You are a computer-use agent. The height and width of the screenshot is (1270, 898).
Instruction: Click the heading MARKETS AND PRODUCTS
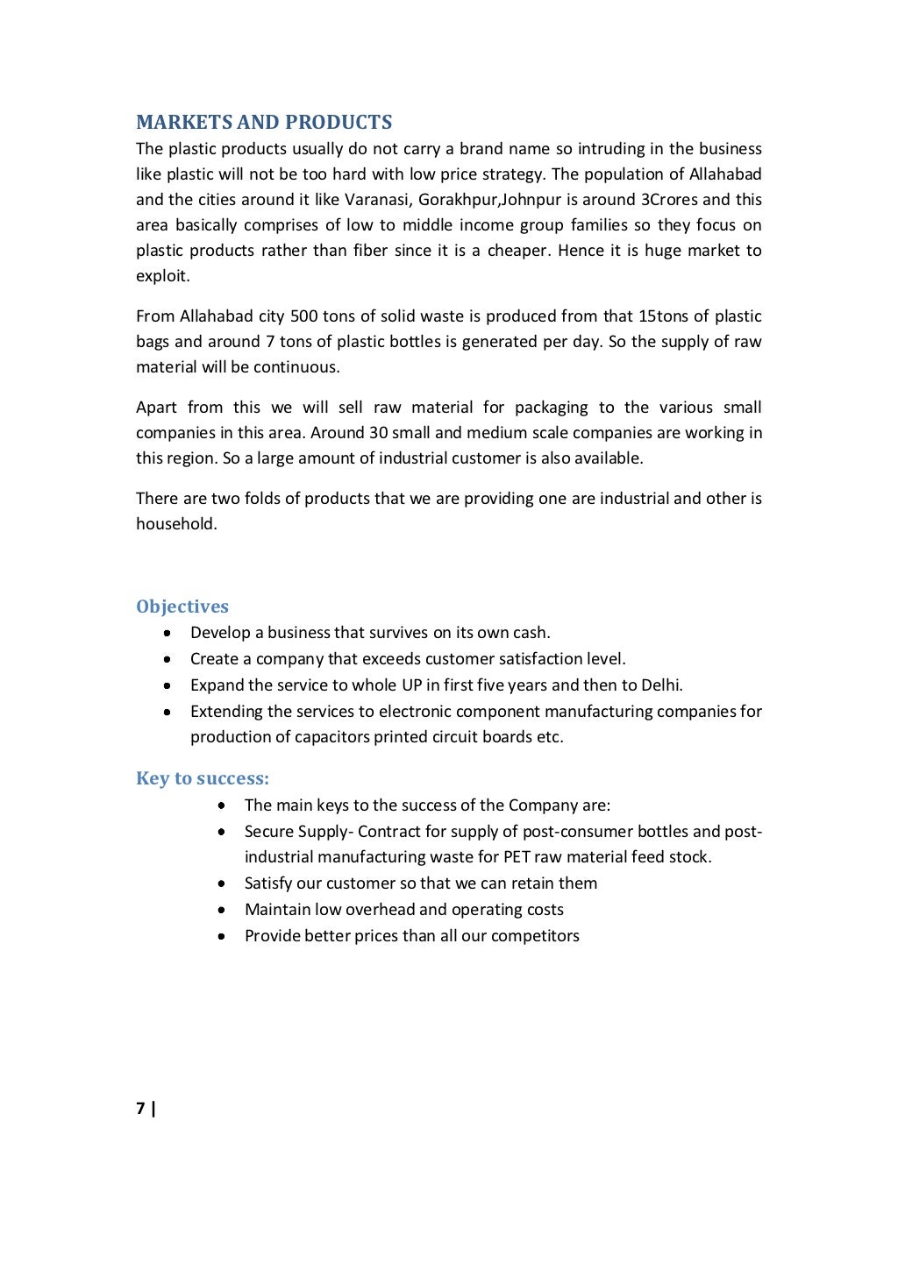click(x=264, y=122)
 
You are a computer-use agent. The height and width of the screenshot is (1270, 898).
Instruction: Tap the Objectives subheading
click(x=182, y=607)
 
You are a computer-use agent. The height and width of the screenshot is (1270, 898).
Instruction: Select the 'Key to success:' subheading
click(x=203, y=778)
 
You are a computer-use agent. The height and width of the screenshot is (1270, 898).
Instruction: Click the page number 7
click(x=140, y=1109)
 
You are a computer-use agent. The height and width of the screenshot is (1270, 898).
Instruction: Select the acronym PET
click(x=517, y=857)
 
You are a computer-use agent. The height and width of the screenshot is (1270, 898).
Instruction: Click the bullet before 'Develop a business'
click(x=167, y=633)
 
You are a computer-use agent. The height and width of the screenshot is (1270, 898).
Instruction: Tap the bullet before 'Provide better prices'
click(x=223, y=936)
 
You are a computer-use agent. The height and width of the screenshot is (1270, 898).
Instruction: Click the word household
click(x=175, y=524)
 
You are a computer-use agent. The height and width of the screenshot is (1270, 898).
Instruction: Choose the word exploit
click(x=162, y=276)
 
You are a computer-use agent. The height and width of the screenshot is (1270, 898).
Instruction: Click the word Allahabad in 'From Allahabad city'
click(x=217, y=316)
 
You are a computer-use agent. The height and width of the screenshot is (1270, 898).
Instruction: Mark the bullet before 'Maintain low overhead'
click(x=223, y=910)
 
